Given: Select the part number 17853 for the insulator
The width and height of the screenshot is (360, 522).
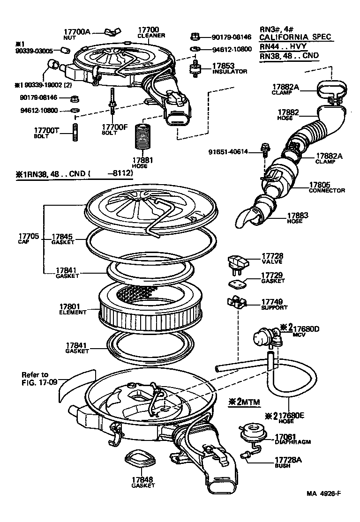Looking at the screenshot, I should tap(223, 66).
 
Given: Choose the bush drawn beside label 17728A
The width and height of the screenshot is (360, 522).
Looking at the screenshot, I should tap(246, 454).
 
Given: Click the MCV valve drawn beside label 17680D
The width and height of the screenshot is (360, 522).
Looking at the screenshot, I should tap(264, 338).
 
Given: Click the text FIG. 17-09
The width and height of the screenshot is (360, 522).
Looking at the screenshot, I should tap(39, 382).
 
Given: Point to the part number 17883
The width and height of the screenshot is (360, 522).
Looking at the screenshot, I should tap(298, 215).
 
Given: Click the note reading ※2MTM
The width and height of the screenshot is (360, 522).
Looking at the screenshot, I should tap(244, 402).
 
